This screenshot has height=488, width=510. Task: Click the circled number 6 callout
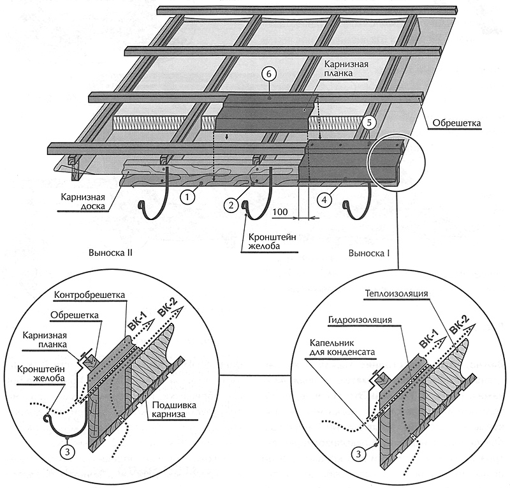pyautogui.click(x=269, y=75)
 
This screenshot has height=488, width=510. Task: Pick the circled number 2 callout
pyautogui.click(x=230, y=205)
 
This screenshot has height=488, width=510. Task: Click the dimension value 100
pyautogui.click(x=280, y=211)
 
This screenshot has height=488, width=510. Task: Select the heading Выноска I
pyautogui.click(x=368, y=253)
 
